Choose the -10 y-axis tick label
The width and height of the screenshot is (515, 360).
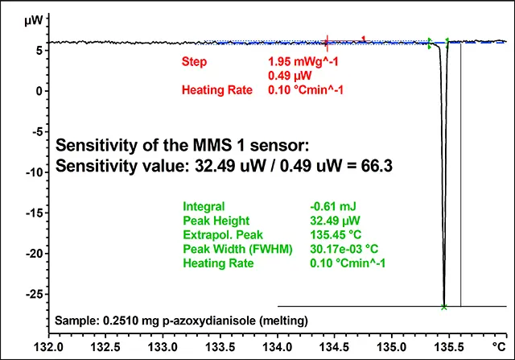(31, 172)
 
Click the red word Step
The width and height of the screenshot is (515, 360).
(196, 62)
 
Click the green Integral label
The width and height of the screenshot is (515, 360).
(204, 205)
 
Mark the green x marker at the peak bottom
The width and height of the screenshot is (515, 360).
(444, 307)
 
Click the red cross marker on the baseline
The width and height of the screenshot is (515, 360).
(327, 42)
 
